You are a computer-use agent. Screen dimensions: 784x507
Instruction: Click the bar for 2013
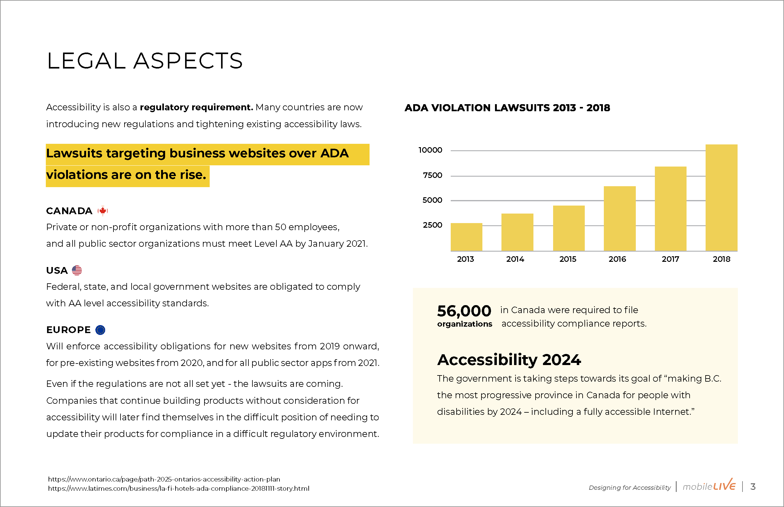coord(466,237)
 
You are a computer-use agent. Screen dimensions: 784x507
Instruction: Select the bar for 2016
coord(620,218)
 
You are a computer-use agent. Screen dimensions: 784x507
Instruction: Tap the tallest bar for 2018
coord(721,198)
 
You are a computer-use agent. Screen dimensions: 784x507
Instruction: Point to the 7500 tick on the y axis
coord(433,175)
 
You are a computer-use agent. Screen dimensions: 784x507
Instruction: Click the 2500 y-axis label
coord(433,225)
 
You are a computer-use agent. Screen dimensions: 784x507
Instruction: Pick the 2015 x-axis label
coord(568,259)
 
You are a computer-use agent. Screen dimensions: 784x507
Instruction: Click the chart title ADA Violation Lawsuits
coord(507,108)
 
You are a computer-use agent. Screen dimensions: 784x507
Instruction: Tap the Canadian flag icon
coord(103,211)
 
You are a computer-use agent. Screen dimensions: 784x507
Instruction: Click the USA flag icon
coord(77,270)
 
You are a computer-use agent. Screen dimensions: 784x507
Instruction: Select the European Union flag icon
coord(100,330)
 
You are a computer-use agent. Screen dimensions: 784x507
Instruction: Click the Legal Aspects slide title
coord(145,61)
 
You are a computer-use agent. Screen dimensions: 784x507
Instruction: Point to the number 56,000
coord(464,311)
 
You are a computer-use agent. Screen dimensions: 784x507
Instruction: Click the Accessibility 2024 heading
coord(509,360)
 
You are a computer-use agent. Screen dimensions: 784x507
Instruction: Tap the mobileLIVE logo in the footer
coord(709,485)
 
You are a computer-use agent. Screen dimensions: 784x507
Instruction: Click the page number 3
coord(753,487)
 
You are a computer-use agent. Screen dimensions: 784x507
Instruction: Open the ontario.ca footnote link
coord(164,479)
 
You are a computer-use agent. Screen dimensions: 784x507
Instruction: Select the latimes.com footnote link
coord(179,489)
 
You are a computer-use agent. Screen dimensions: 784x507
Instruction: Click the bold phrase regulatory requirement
coord(196,107)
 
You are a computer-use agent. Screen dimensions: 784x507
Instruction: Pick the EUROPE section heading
coord(69,330)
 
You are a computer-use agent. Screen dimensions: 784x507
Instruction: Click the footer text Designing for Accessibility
coord(630,488)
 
